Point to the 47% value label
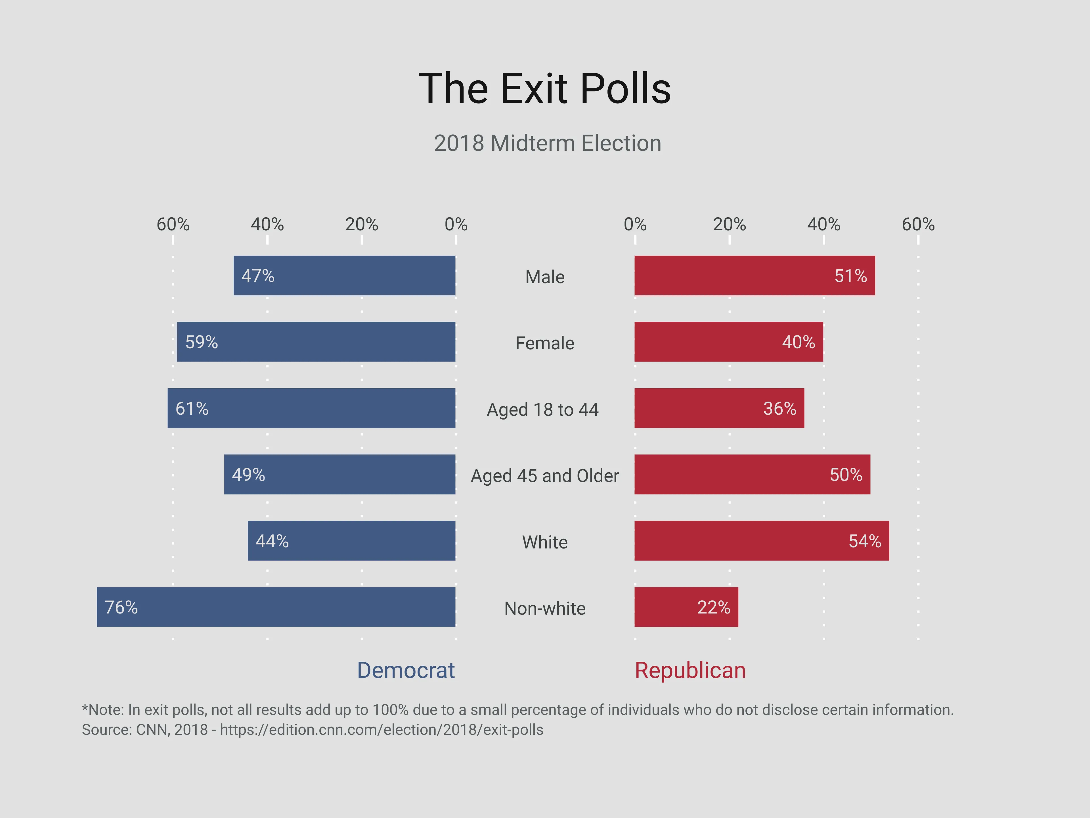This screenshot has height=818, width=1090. (x=258, y=276)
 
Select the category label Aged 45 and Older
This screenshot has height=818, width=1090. (x=544, y=476)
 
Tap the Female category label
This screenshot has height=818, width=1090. (x=544, y=343)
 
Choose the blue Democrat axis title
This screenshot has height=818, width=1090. (x=406, y=671)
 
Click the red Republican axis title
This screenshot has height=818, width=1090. (x=690, y=671)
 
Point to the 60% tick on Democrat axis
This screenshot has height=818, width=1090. (x=173, y=225)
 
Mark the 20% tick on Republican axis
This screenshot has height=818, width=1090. (x=729, y=225)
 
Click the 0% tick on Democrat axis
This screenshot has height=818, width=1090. (x=456, y=225)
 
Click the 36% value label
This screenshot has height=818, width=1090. (x=779, y=408)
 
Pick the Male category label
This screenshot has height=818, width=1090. (x=544, y=277)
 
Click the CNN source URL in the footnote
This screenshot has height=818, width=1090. (x=381, y=730)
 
